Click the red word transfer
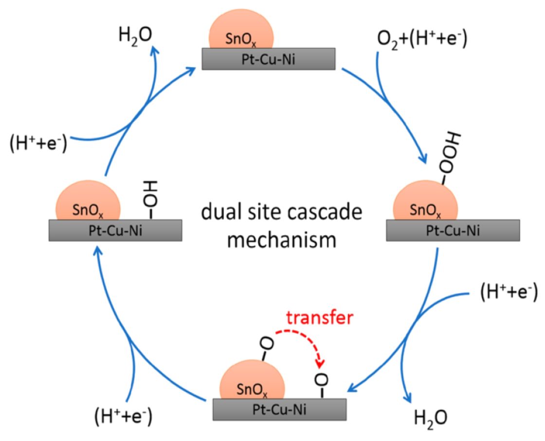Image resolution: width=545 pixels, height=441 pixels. [x=318, y=318]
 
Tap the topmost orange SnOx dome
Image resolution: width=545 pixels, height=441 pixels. [x=241, y=34]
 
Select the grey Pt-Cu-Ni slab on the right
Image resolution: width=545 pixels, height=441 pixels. [x=453, y=230]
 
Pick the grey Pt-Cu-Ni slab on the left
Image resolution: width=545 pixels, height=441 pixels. [x=115, y=230]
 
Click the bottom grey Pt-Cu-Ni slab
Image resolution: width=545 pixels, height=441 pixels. [x=279, y=409]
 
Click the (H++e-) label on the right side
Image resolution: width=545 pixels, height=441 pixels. [x=508, y=292]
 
